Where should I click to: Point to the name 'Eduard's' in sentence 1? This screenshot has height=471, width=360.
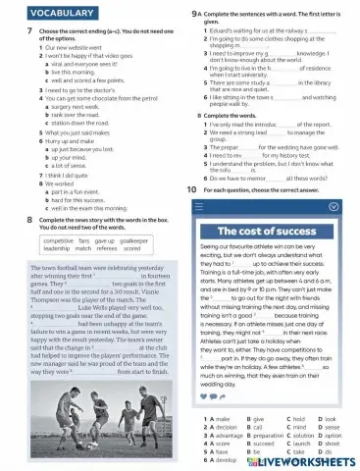pos(218,30)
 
